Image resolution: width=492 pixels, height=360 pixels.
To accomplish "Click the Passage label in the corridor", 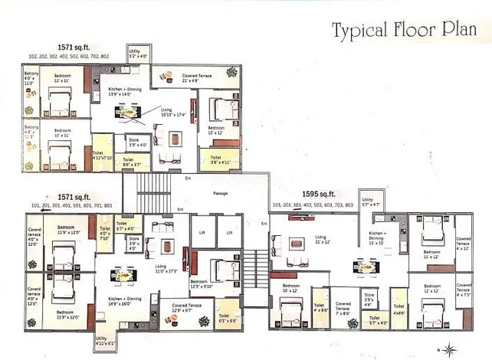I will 221,192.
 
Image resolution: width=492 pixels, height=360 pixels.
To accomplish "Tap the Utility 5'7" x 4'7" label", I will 370,205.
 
